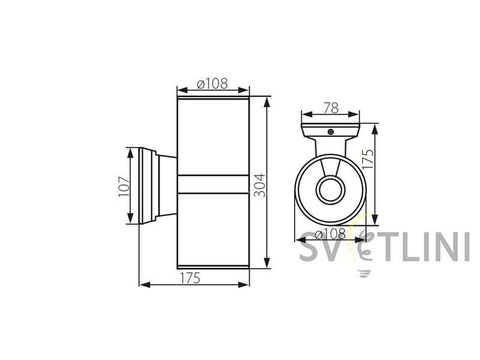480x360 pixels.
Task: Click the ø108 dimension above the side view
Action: click(213, 83)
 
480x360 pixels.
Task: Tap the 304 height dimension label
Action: click(260, 185)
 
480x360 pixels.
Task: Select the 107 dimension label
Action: click(124, 186)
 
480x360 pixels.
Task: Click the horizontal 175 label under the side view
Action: click(190, 278)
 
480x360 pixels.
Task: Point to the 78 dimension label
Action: click(331, 108)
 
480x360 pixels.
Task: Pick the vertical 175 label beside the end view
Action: click(368, 158)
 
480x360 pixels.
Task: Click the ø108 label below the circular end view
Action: click(330, 235)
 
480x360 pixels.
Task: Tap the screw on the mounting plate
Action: click(331, 132)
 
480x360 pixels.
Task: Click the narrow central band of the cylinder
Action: click(213, 184)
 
